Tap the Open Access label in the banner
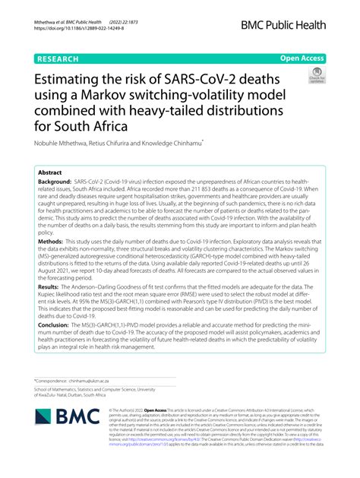[x=302, y=57]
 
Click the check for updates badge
[x=314, y=75]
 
